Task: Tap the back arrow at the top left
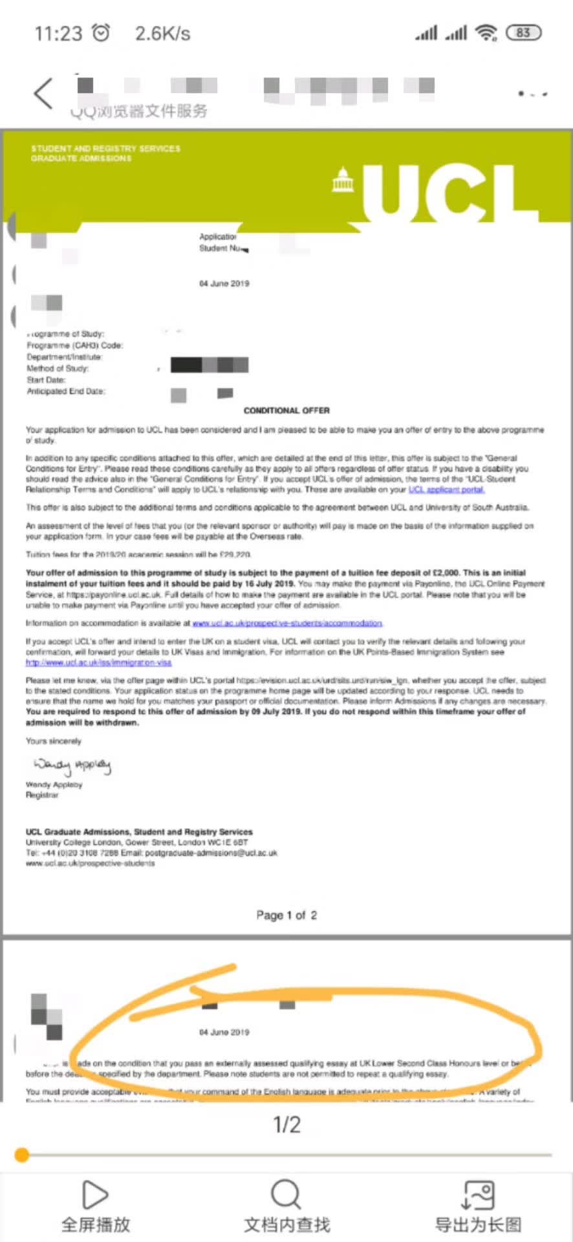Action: pos(43,94)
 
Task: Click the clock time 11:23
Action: pos(58,33)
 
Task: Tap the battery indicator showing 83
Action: pos(524,32)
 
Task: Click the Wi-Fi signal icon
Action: pos(486,32)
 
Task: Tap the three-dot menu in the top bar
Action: pos(532,94)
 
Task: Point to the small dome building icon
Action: pos(342,181)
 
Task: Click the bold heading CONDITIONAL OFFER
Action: pos(286,411)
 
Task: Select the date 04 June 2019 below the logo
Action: pos(224,283)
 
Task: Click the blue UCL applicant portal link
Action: pos(446,490)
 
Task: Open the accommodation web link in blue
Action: pos(287,623)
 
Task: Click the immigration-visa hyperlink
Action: pos(98,662)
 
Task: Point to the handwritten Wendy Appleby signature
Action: pos(72,766)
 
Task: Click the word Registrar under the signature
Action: pos(42,795)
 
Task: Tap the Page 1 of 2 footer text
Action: pos(286,915)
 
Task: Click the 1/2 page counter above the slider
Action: pos(286,1124)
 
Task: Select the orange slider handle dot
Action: pos(22,1155)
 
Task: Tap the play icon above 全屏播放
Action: pos(95,1194)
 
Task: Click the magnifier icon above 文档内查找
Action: pos(286,1194)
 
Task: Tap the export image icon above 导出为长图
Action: pos(478,1194)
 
